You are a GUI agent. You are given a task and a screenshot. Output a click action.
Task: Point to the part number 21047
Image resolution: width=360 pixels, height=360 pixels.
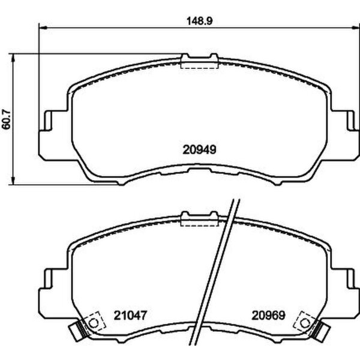pyautogui.click(x=130, y=314)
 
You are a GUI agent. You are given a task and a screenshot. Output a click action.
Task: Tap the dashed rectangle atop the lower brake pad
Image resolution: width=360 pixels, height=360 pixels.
pyautogui.click(x=199, y=221)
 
